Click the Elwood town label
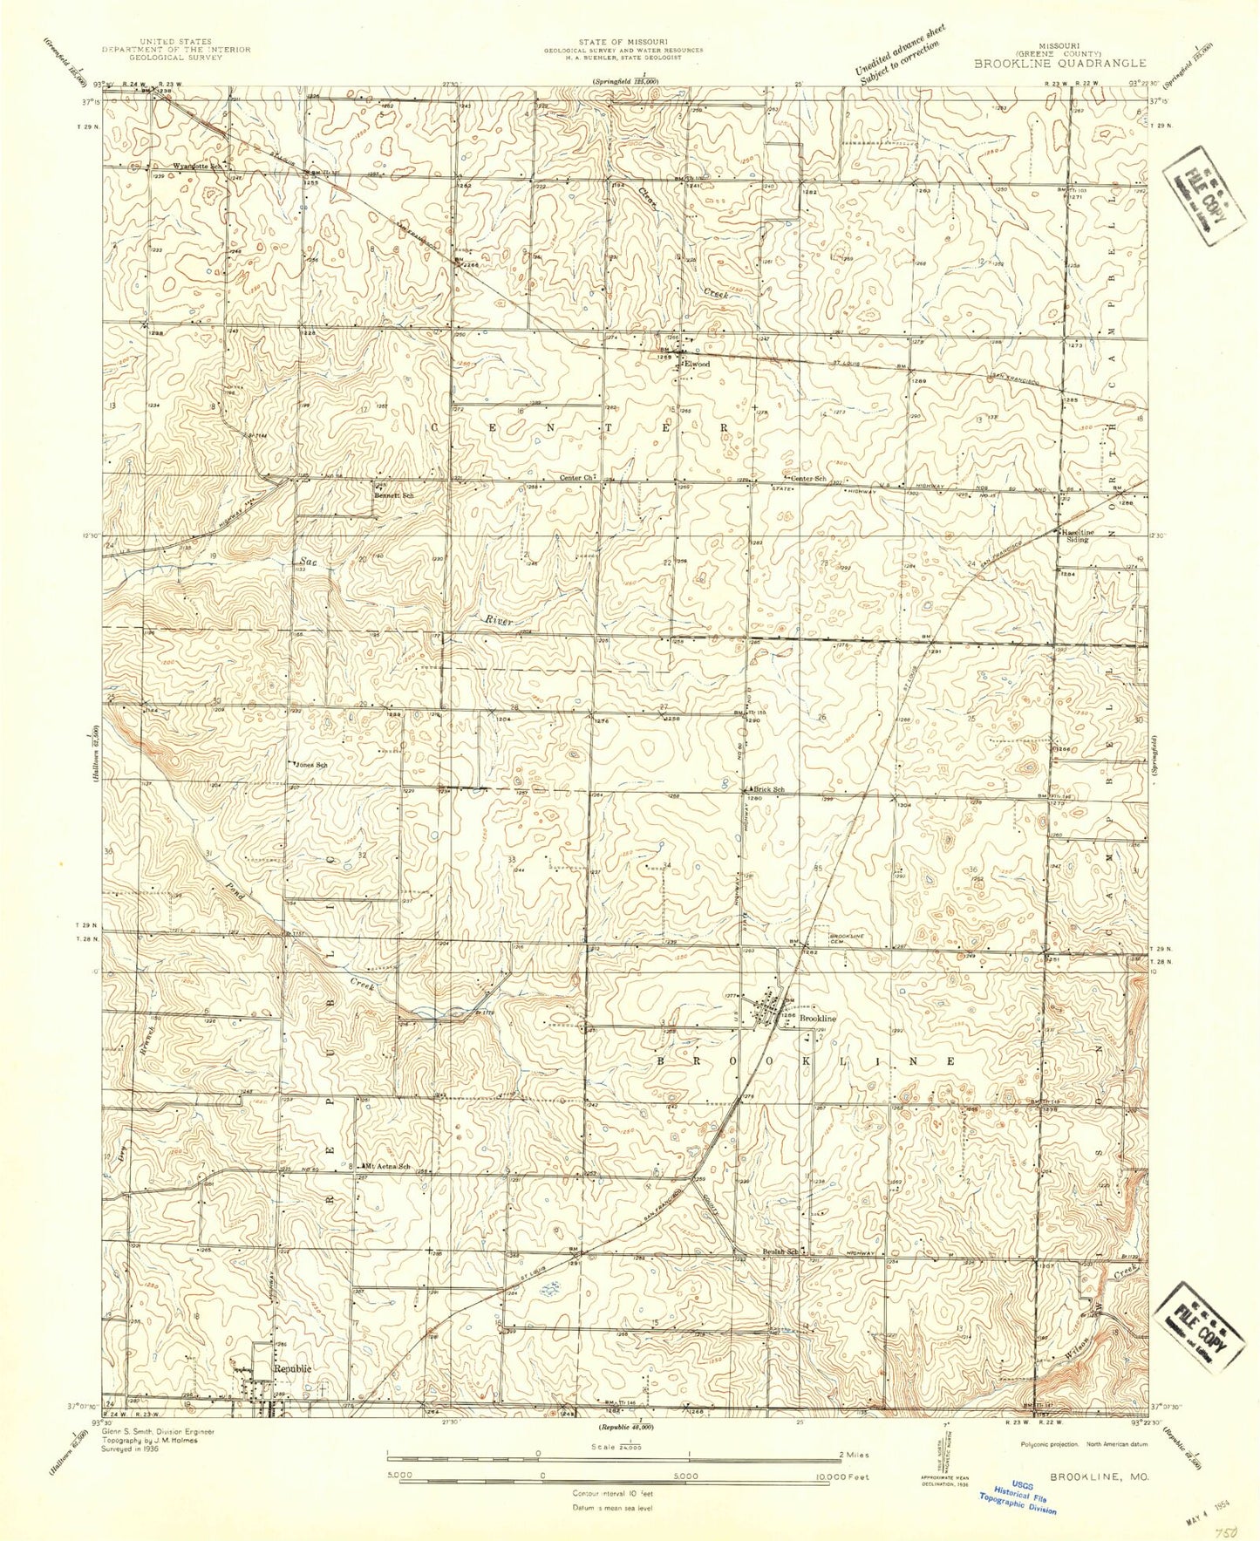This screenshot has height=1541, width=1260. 698,364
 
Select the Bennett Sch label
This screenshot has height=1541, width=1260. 394,495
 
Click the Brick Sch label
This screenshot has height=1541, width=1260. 768,789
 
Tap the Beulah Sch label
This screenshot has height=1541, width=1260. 781,1252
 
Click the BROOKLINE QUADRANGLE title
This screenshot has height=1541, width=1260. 1059,64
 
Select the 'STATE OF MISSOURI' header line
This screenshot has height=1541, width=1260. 623,42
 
